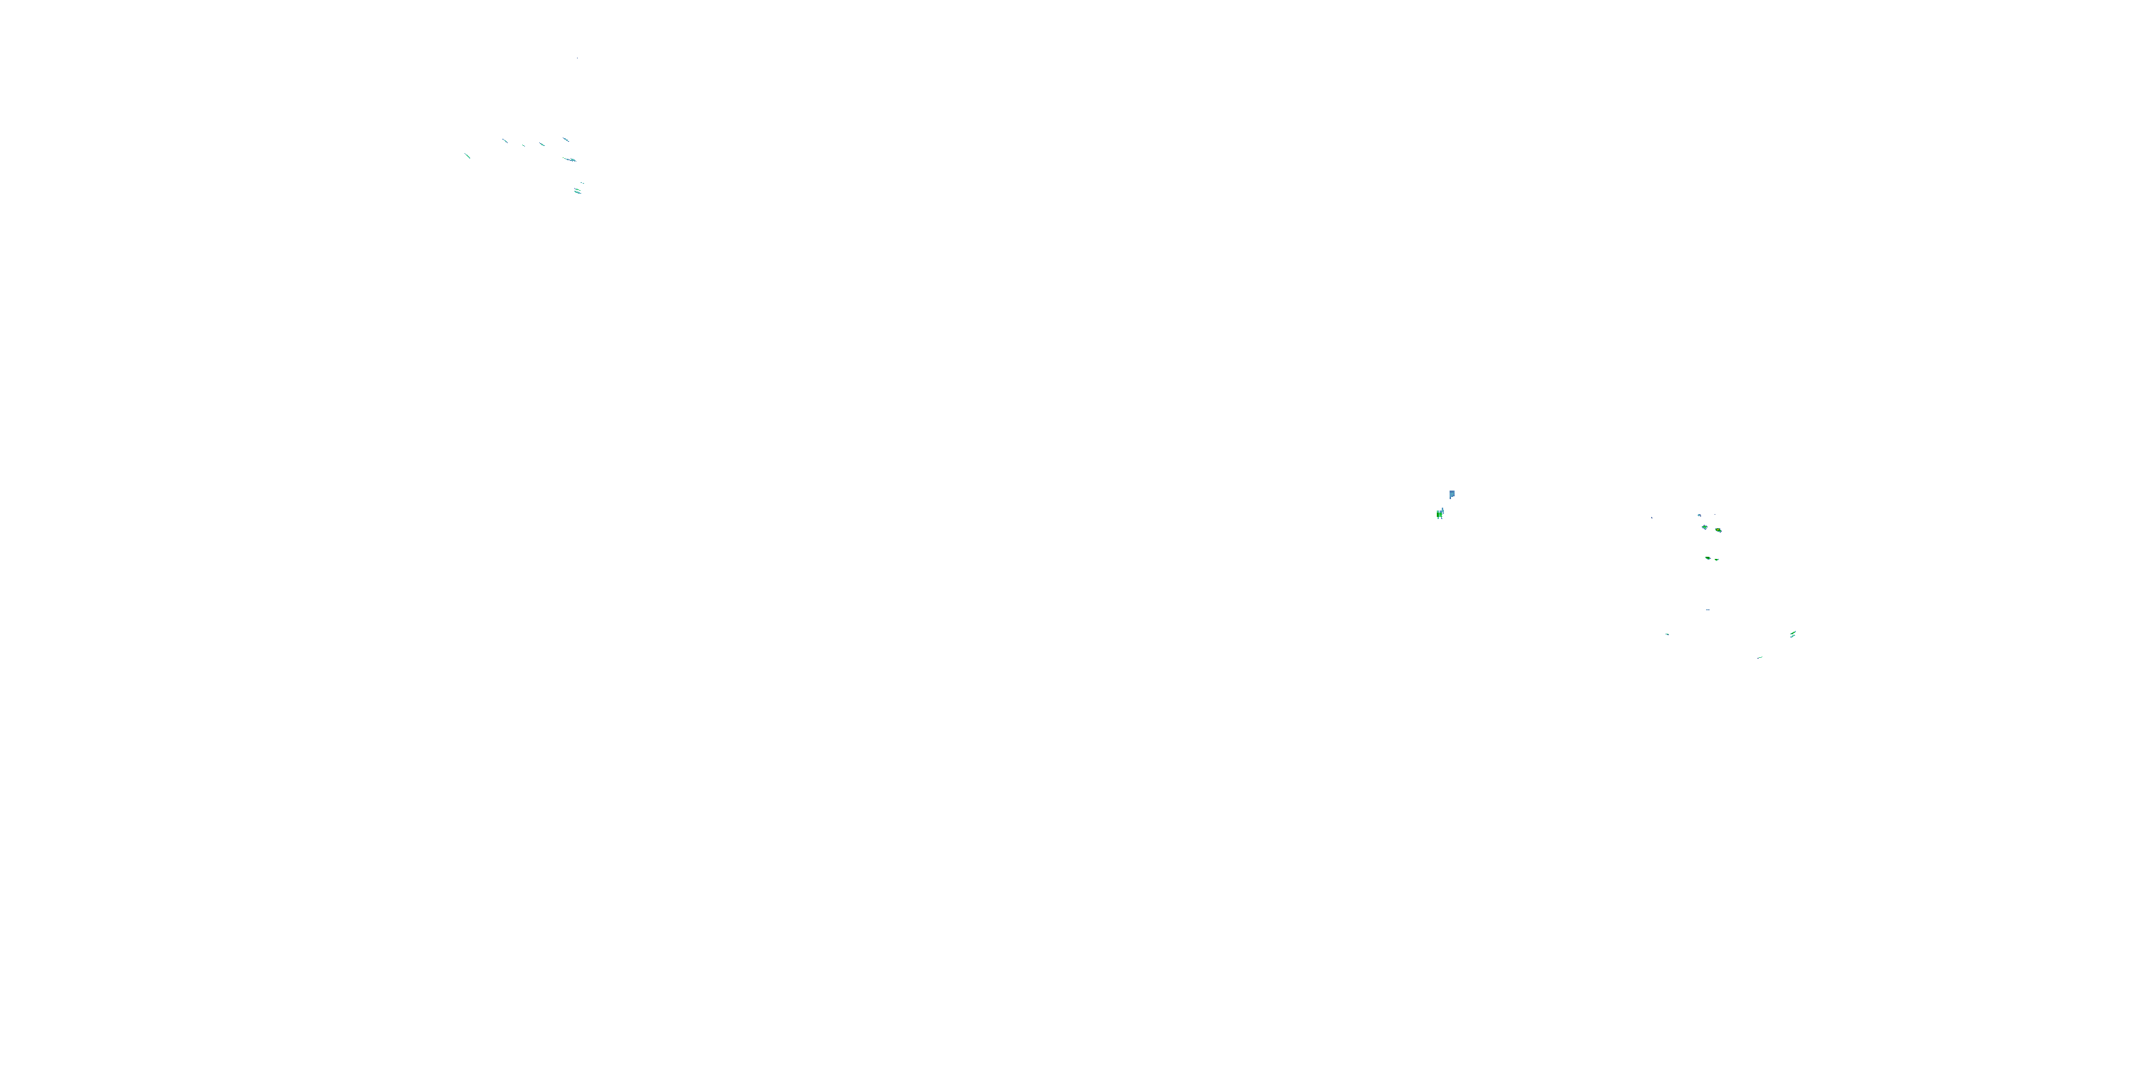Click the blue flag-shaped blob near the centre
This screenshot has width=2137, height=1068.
[x=1452, y=494]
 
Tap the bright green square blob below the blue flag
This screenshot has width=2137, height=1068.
[x=1440, y=515]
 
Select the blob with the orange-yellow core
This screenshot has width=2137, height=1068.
[x=1718, y=530]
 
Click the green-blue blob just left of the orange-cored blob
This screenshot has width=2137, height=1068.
[x=1705, y=528]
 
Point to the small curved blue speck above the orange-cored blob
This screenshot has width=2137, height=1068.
[x=1699, y=515]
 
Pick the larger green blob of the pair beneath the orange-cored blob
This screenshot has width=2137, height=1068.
[x=1708, y=558]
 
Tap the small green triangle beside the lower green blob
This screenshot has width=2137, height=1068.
[x=1717, y=560]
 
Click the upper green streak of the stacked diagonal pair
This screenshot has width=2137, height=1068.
[x=1794, y=633]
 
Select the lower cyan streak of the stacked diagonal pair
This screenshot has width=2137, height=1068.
[x=1792, y=637]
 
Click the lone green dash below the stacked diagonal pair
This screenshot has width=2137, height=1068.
[x=1759, y=658]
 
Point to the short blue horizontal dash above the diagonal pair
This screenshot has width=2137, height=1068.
[x=1707, y=609]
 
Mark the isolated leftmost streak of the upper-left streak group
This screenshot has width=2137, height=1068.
[x=468, y=155]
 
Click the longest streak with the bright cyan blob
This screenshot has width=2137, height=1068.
[x=570, y=159]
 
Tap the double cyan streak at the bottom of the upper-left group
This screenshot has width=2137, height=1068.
[x=578, y=192]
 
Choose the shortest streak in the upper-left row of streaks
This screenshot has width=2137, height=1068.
[x=524, y=146]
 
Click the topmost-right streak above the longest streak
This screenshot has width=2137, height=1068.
[x=566, y=140]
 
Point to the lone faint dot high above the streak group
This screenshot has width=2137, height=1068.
[x=578, y=58]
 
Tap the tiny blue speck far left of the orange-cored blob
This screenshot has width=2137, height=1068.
[x=1651, y=518]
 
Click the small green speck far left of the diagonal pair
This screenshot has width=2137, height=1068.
[x=1667, y=634]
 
